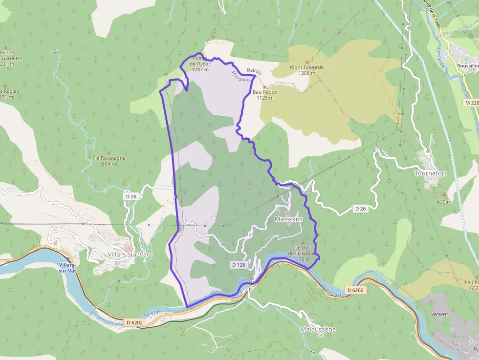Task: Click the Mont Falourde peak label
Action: [x=307, y=67]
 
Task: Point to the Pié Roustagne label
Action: [x=109, y=158]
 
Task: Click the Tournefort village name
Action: [x=431, y=173]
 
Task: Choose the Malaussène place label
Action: [x=318, y=330]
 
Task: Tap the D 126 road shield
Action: [x=239, y=265]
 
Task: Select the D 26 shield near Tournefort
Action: [x=360, y=209]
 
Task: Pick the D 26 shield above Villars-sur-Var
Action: [x=130, y=196]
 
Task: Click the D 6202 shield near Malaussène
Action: [x=355, y=290]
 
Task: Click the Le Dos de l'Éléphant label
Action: [x=303, y=253]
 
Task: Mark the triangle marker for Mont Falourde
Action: [x=307, y=61]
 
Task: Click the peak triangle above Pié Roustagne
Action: [x=109, y=152]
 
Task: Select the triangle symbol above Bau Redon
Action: [x=264, y=86]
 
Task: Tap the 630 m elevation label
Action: [x=444, y=202]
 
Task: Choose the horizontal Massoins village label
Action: [x=289, y=219]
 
